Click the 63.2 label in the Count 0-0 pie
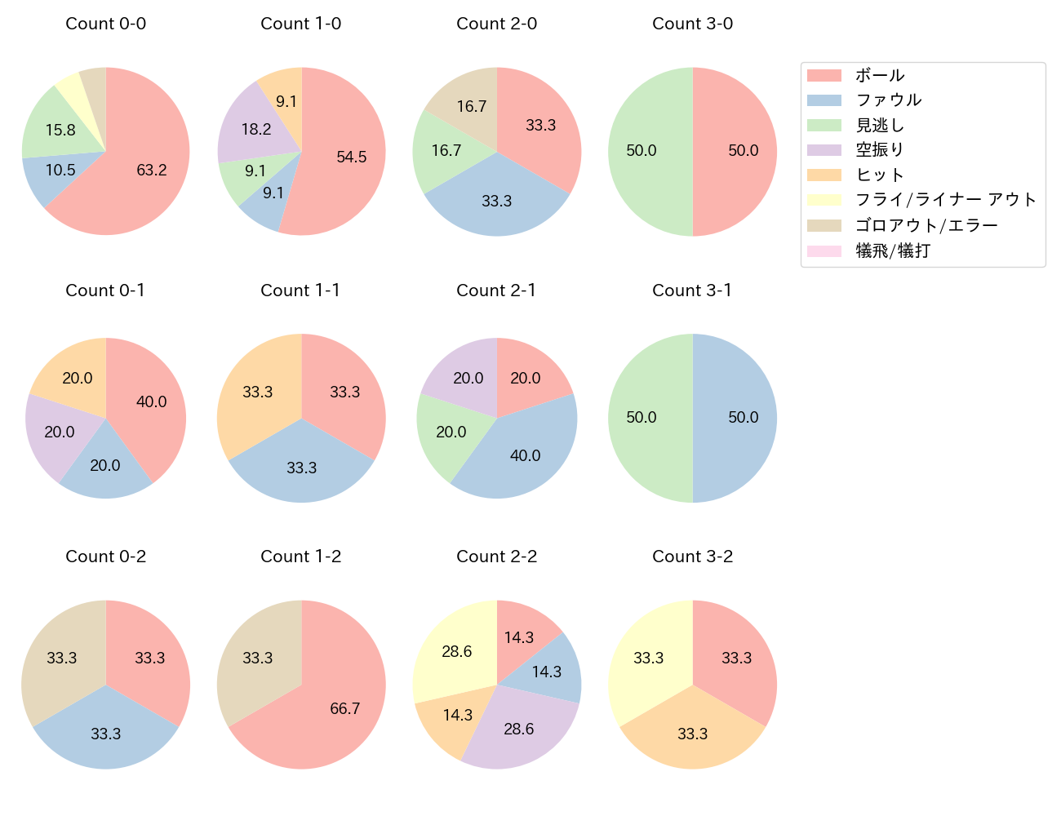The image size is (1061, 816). pos(152,170)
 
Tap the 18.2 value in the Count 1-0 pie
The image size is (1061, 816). pos(256,129)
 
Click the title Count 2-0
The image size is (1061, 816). pos(496,24)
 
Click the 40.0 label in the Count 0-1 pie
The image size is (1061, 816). pos(152,401)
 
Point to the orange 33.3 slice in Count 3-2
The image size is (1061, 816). pos(692,733)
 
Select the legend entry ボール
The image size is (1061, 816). pos(880,75)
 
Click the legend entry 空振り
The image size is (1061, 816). pos(880,150)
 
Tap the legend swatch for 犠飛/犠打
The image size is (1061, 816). pos(823,251)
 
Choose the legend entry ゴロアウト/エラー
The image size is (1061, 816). pos(926,225)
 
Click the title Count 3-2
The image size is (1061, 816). pos(692,557)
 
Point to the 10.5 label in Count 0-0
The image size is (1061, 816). pos(60,170)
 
